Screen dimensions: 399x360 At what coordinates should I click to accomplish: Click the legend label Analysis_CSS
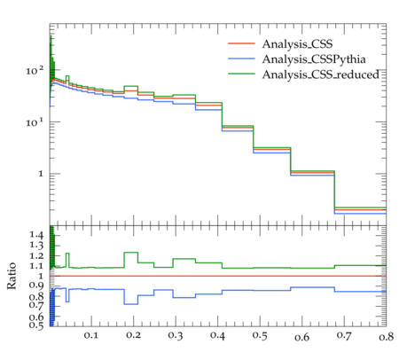[297, 44]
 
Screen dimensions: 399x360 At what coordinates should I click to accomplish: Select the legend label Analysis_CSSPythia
[314, 59]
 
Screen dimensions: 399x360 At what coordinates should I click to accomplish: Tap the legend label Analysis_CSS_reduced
[320, 74]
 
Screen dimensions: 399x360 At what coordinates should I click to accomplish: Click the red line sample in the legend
[241, 43]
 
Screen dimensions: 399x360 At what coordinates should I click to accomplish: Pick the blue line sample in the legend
[241, 59]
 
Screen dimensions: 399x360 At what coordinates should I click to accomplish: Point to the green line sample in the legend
[241, 74]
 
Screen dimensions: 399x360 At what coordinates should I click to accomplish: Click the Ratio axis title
[12, 276]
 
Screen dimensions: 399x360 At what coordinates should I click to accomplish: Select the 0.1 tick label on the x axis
[91, 335]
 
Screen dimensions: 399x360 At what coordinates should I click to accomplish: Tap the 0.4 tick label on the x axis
[217, 335]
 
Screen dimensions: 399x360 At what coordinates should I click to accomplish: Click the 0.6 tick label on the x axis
[301, 336]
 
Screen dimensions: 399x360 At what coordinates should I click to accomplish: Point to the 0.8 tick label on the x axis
[387, 336]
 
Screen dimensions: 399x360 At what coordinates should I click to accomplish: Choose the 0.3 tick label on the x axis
[176, 335]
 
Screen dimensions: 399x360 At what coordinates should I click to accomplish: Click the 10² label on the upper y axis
[35, 71]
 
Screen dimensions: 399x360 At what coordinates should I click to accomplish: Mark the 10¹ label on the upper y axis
[35, 122]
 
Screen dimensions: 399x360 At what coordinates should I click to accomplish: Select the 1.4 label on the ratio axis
[36, 235]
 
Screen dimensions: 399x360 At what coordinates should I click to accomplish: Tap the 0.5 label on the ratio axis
[36, 325]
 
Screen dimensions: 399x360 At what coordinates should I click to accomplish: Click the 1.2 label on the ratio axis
[36, 256]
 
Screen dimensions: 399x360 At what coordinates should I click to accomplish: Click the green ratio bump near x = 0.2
[131, 253]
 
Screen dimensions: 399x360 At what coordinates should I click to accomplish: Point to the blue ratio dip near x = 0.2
[131, 304]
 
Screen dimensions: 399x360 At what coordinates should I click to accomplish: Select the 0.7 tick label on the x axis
[344, 335]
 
